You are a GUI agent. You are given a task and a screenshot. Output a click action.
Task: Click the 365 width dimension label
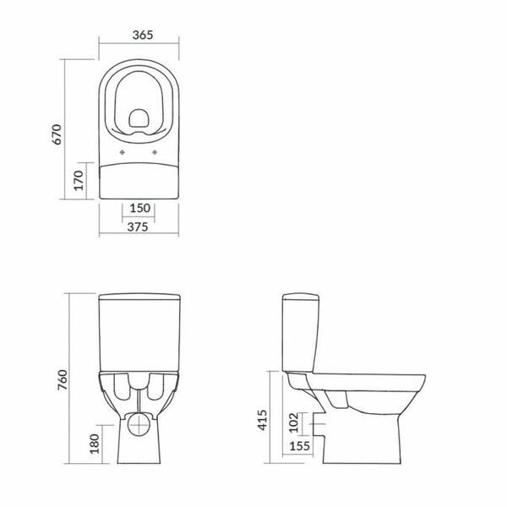tap(143, 35)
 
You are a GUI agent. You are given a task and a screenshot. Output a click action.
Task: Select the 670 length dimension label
tap(57, 134)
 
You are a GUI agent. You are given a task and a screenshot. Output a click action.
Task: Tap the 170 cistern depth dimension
tap(79, 181)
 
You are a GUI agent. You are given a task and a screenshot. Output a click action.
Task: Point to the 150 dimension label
tap(140, 208)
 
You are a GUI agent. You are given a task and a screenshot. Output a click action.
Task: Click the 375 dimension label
tap(138, 227)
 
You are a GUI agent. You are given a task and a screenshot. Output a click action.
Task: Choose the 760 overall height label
tap(63, 379)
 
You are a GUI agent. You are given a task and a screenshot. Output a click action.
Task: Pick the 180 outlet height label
tap(95, 444)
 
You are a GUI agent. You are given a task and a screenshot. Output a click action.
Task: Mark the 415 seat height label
tap(262, 420)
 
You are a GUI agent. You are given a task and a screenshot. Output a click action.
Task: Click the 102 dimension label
tap(293, 422)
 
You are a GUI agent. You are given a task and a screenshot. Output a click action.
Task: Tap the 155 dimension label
tap(300, 446)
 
